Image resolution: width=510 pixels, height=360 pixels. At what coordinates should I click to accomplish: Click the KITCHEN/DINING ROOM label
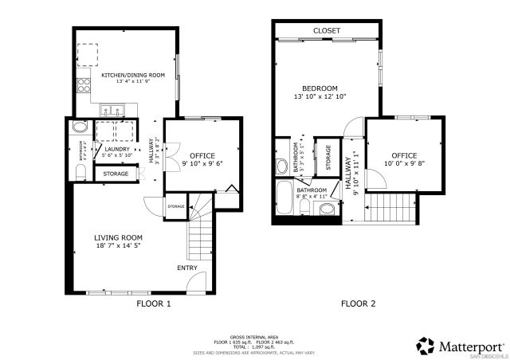(x=132, y=75)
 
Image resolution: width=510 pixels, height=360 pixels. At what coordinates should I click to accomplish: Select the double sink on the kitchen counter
(x=114, y=109)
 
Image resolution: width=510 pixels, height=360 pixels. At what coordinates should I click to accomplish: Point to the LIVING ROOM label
(x=118, y=237)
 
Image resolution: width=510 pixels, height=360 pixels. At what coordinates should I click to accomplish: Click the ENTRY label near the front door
(x=187, y=268)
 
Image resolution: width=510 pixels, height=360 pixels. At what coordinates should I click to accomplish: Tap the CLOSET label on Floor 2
(x=326, y=30)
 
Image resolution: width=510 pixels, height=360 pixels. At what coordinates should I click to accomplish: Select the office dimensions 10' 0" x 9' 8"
(x=404, y=163)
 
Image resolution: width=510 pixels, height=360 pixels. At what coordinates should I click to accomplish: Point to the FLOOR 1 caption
(x=154, y=303)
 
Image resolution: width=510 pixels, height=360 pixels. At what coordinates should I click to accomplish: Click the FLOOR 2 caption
(x=358, y=303)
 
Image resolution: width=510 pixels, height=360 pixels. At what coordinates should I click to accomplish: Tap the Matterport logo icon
(x=426, y=346)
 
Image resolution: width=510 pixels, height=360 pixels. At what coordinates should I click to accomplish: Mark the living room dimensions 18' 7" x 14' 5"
(x=118, y=246)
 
